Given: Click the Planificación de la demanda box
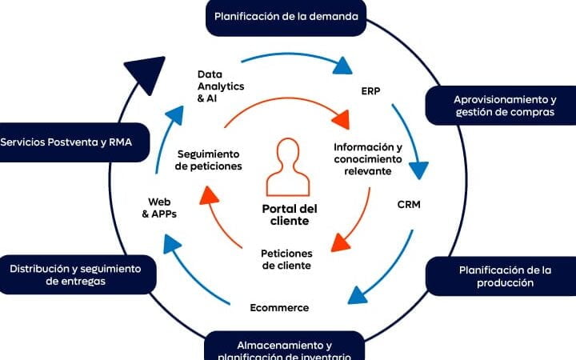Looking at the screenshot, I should tap(286, 16).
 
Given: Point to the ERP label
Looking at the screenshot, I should tap(370, 90).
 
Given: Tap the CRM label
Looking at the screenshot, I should tap(409, 204).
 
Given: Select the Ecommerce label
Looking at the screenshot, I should tap(279, 307).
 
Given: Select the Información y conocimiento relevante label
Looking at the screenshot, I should tap(368, 159).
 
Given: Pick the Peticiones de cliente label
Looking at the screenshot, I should tap(286, 259).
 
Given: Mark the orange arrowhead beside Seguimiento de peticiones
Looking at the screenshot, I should tap(210, 194).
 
